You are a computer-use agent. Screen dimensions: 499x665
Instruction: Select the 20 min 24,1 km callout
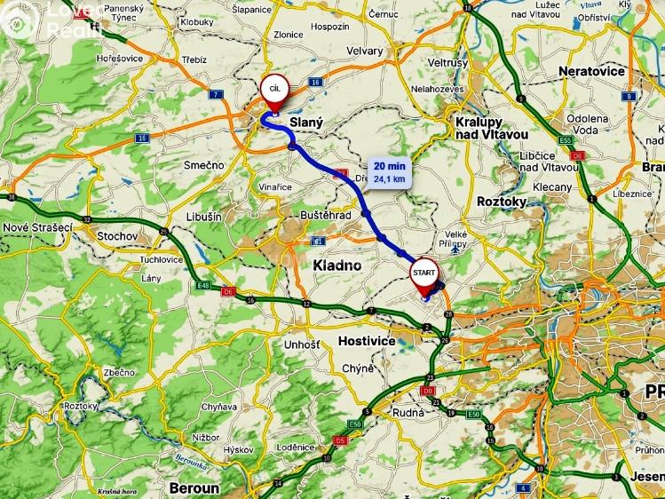391,172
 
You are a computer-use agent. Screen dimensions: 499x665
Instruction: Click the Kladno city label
337,265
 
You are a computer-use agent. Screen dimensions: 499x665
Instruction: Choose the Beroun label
194,488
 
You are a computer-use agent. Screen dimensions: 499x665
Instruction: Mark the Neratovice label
592,71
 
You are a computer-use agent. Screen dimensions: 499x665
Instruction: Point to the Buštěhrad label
326,216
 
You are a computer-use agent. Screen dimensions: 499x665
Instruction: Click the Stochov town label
116,236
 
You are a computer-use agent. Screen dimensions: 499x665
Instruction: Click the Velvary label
366,51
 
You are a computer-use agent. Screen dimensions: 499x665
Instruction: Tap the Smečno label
203,165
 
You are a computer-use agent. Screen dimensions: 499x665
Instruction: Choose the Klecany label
553,187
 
